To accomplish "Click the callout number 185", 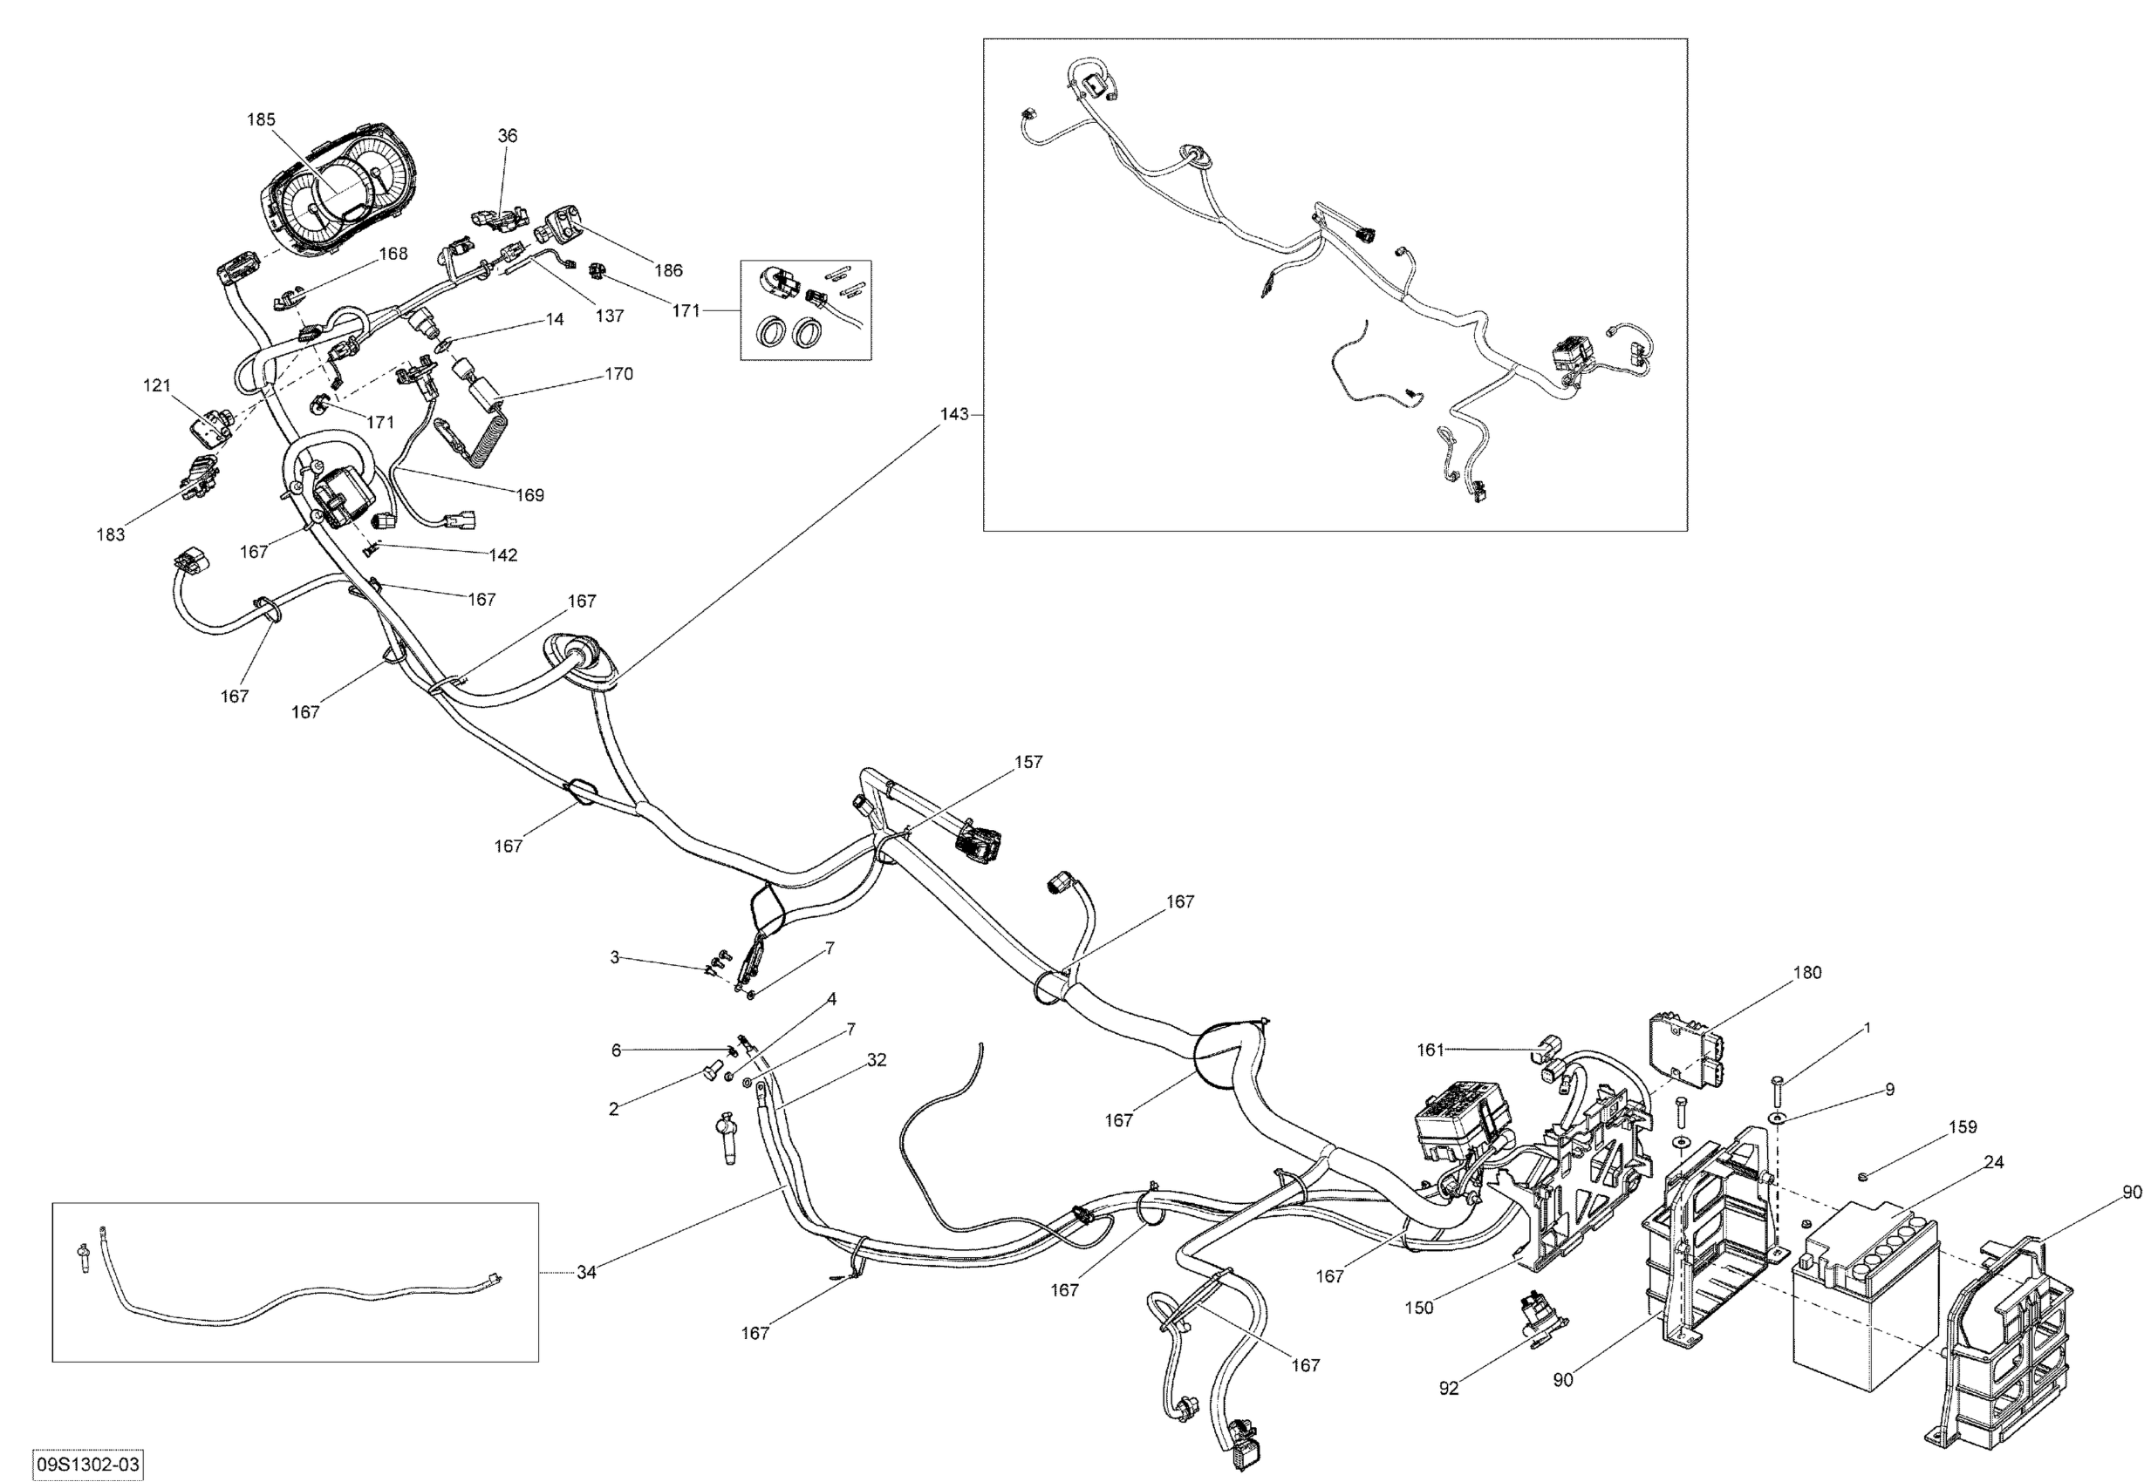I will (261, 119).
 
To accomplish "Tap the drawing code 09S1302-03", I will (87, 1465).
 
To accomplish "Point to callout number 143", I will (954, 414).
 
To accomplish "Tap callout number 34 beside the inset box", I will (586, 1273).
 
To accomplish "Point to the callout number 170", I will (618, 374).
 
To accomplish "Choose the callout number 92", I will (1448, 1389).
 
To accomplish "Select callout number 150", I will (1418, 1309).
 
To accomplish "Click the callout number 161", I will (1430, 1050).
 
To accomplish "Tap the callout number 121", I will (157, 385).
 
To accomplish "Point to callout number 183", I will (111, 535).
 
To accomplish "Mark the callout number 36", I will (507, 136).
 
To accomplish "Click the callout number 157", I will (1028, 762).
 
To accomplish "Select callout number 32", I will (876, 1060).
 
